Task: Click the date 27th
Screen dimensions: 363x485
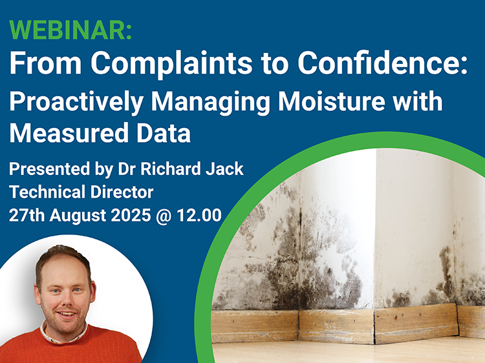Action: pyautogui.click(x=26, y=214)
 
